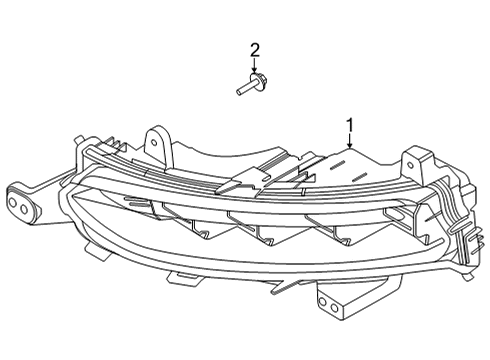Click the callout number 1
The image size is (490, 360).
349,126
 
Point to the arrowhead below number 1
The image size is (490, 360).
349,149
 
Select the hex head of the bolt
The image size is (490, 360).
258,85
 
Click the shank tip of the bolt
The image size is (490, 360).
239,93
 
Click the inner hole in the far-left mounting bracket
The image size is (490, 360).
25,206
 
